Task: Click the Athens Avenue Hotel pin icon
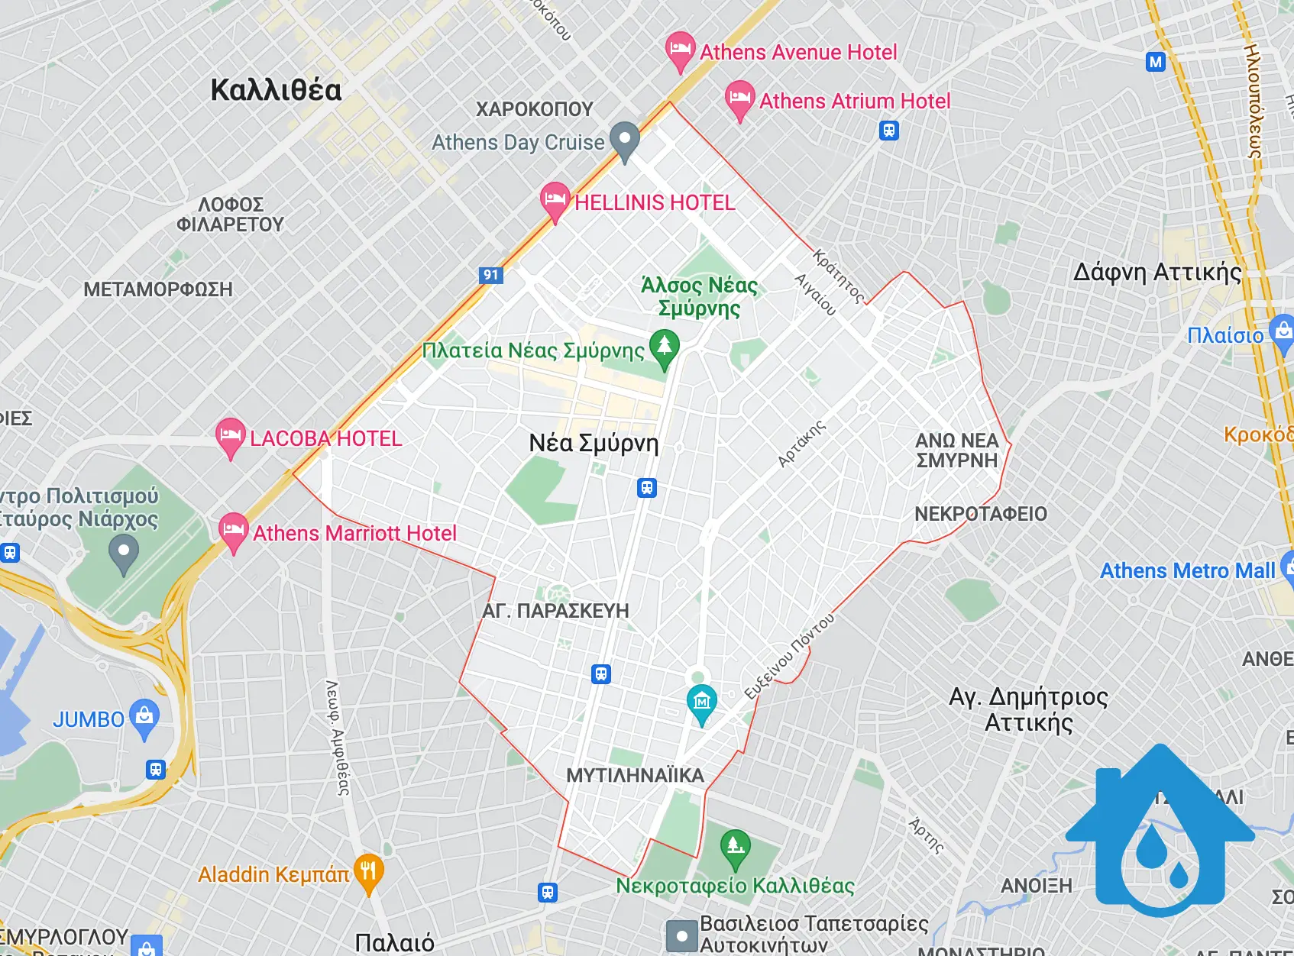[679, 50]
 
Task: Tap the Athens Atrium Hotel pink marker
[739, 99]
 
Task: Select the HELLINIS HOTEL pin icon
[555, 200]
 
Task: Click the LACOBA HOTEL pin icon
[230, 436]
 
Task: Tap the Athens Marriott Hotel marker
[233, 531]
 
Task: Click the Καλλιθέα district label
[276, 90]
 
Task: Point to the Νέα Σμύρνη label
[594, 443]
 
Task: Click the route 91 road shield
[491, 275]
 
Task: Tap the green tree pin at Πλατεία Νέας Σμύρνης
[664, 347]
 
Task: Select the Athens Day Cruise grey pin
[625, 140]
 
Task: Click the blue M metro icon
[1156, 62]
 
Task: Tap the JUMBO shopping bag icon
[144, 717]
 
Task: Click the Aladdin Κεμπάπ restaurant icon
[368, 872]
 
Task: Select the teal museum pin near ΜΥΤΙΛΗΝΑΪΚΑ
[701, 702]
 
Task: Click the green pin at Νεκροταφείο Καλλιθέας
[735, 848]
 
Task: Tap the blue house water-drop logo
[1160, 836]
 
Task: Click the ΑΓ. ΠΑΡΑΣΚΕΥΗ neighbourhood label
[555, 611]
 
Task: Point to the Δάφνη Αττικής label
[1157, 273]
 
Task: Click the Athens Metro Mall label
[1187, 570]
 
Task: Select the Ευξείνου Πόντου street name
[790, 656]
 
